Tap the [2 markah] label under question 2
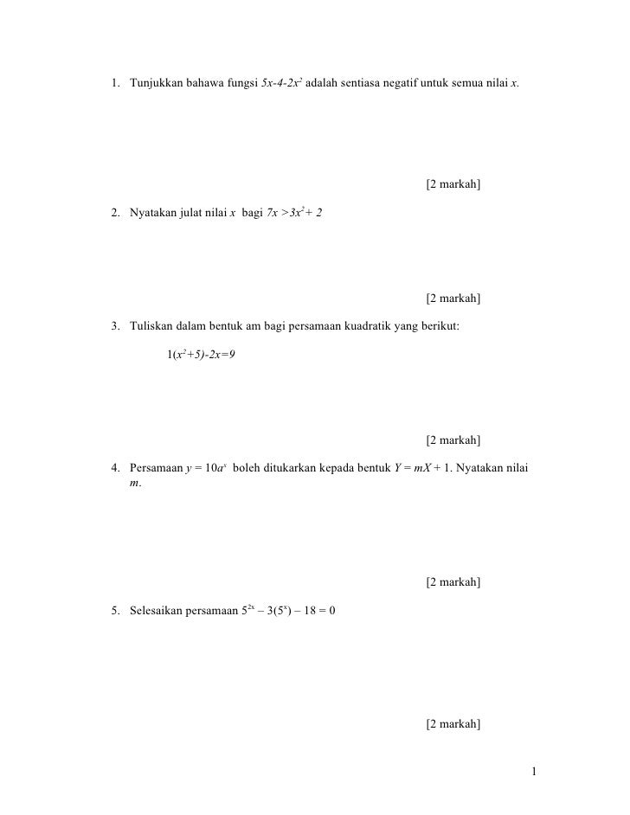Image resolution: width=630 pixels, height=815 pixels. click(453, 299)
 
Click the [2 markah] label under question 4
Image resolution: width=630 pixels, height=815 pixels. click(453, 582)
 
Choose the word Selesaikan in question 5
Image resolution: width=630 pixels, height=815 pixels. click(156, 611)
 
